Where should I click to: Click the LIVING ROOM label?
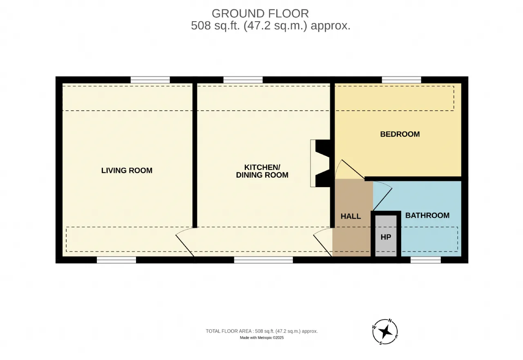[127, 170]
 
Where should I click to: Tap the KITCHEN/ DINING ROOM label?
[262, 171]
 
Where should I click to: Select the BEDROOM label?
[400, 134]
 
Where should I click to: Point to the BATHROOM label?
[427, 215]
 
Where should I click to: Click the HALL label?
[351, 217]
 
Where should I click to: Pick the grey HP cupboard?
[386, 236]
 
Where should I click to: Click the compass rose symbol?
[385, 331]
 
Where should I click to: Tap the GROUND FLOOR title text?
[260, 13]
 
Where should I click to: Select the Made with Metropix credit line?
[262, 338]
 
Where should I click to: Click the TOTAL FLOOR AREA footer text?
[262, 331]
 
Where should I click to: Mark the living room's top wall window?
[150, 80]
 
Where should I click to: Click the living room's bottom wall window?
[116, 260]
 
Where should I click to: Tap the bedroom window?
[402, 80]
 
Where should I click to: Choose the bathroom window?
[426, 260]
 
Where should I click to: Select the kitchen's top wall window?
[243, 80]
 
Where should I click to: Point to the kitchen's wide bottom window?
[264, 260]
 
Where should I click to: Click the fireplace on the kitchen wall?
[320, 163]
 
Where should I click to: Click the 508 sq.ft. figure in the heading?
[215, 25]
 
